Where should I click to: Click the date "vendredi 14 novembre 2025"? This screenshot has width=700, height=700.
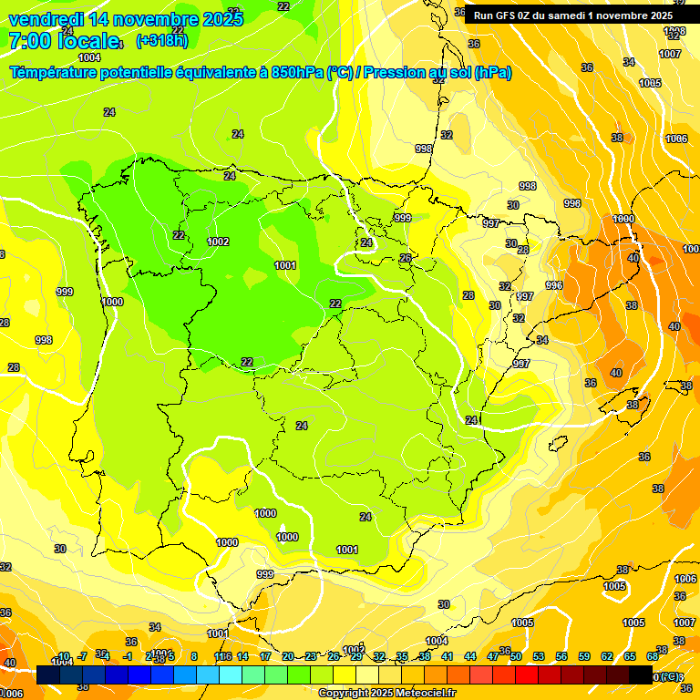pyautogui.click(x=126, y=19)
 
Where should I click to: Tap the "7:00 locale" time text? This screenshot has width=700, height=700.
pyautogui.click(x=64, y=41)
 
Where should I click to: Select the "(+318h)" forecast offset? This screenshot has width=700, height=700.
pyautogui.click(x=161, y=41)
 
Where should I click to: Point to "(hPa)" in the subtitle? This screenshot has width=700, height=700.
pyautogui.click(x=492, y=73)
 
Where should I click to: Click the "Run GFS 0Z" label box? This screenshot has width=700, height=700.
pyautogui.click(x=573, y=15)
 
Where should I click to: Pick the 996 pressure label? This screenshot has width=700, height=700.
pyautogui.click(x=554, y=285)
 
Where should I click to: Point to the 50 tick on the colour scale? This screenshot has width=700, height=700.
pyautogui.click(x=516, y=656)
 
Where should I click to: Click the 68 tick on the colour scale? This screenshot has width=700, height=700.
pyautogui.click(x=653, y=656)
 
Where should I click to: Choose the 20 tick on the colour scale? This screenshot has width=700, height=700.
pyautogui.click(x=288, y=656)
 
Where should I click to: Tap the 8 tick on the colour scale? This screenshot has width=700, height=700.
pyautogui.click(x=195, y=656)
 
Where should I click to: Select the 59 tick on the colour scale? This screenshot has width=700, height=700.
pyautogui.click(x=584, y=656)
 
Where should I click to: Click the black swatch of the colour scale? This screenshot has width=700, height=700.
pyautogui.click(x=640, y=675)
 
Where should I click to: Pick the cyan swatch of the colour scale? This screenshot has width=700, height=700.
pyautogui.click(x=231, y=675)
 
